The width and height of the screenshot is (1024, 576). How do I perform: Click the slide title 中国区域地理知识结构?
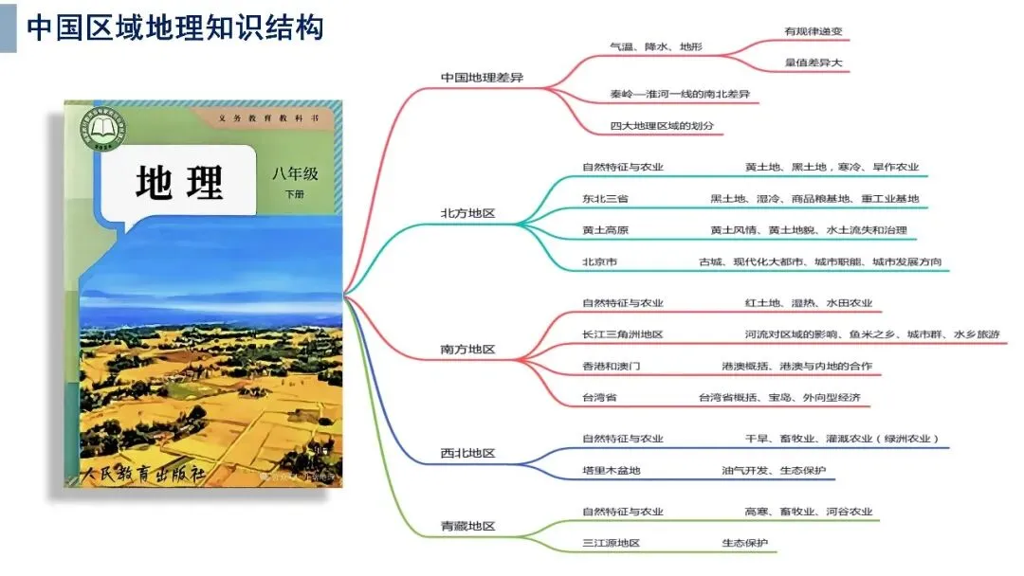(x=174, y=27)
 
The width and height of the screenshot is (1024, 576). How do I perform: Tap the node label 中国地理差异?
(x=482, y=78)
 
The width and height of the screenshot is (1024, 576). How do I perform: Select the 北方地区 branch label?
(x=468, y=213)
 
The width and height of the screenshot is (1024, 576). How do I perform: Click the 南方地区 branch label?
(x=468, y=350)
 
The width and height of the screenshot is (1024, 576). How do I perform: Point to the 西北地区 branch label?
(x=468, y=454)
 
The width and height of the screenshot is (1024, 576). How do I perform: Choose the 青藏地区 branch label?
(x=468, y=526)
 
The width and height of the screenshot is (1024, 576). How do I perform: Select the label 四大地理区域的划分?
(x=662, y=126)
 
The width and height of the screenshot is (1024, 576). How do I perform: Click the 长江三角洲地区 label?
(x=622, y=334)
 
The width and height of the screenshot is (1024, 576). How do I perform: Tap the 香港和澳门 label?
(x=611, y=366)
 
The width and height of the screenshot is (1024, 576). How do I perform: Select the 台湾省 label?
(x=599, y=398)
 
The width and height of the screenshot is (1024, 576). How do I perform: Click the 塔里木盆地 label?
(x=611, y=471)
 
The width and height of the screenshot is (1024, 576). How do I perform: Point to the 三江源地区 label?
(x=611, y=543)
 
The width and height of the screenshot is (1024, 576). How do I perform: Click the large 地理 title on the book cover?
(x=179, y=183)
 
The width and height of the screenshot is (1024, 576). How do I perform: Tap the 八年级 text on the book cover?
(x=294, y=174)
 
